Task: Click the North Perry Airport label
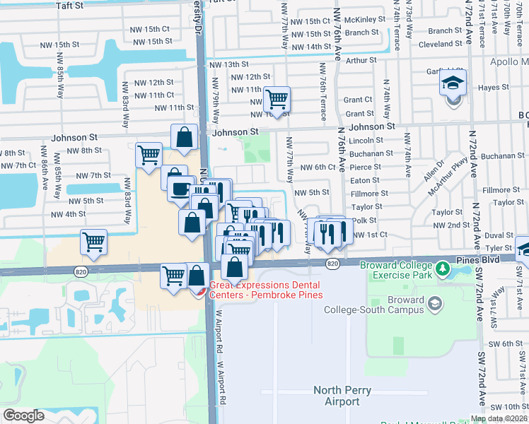point(342,396)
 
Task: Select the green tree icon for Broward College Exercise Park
point(443,269)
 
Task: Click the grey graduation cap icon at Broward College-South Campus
point(434,303)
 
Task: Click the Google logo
point(24,416)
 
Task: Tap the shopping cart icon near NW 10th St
point(277,99)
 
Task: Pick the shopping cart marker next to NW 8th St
point(149,155)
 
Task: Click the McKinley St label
point(366,20)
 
